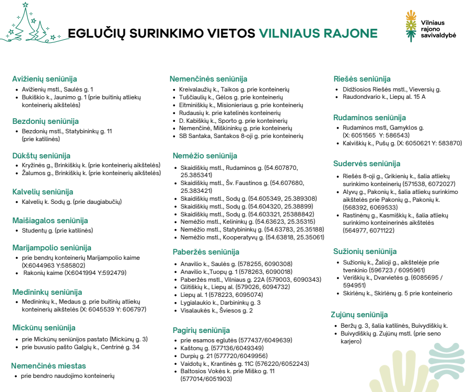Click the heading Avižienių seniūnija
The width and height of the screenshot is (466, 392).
(x=44, y=79)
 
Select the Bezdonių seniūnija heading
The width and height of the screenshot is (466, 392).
(x=45, y=121)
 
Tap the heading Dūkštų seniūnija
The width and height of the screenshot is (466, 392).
(x=41, y=155)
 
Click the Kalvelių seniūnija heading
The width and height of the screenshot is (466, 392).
(x=43, y=192)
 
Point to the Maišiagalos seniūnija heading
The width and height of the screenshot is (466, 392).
(x=50, y=221)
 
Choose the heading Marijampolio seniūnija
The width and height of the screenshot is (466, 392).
(x=52, y=248)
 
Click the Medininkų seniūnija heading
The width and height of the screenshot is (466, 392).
(x=47, y=292)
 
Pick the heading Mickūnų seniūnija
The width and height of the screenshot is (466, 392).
(x=44, y=328)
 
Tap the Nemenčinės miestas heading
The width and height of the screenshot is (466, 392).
(x=49, y=366)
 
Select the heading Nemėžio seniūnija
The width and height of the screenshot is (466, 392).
(x=205, y=156)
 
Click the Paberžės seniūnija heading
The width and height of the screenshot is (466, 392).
(x=206, y=252)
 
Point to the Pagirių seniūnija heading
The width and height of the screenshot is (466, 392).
(x=201, y=330)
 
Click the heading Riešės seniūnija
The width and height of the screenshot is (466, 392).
(x=362, y=79)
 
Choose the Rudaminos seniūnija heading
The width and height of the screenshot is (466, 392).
(x=369, y=117)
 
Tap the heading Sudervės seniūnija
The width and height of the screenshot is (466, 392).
(x=367, y=164)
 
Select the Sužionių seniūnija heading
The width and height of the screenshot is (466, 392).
(x=365, y=251)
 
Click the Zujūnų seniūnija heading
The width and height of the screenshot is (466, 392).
(x=359, y=315)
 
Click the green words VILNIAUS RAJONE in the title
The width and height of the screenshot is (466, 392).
(x=318, y=33)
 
